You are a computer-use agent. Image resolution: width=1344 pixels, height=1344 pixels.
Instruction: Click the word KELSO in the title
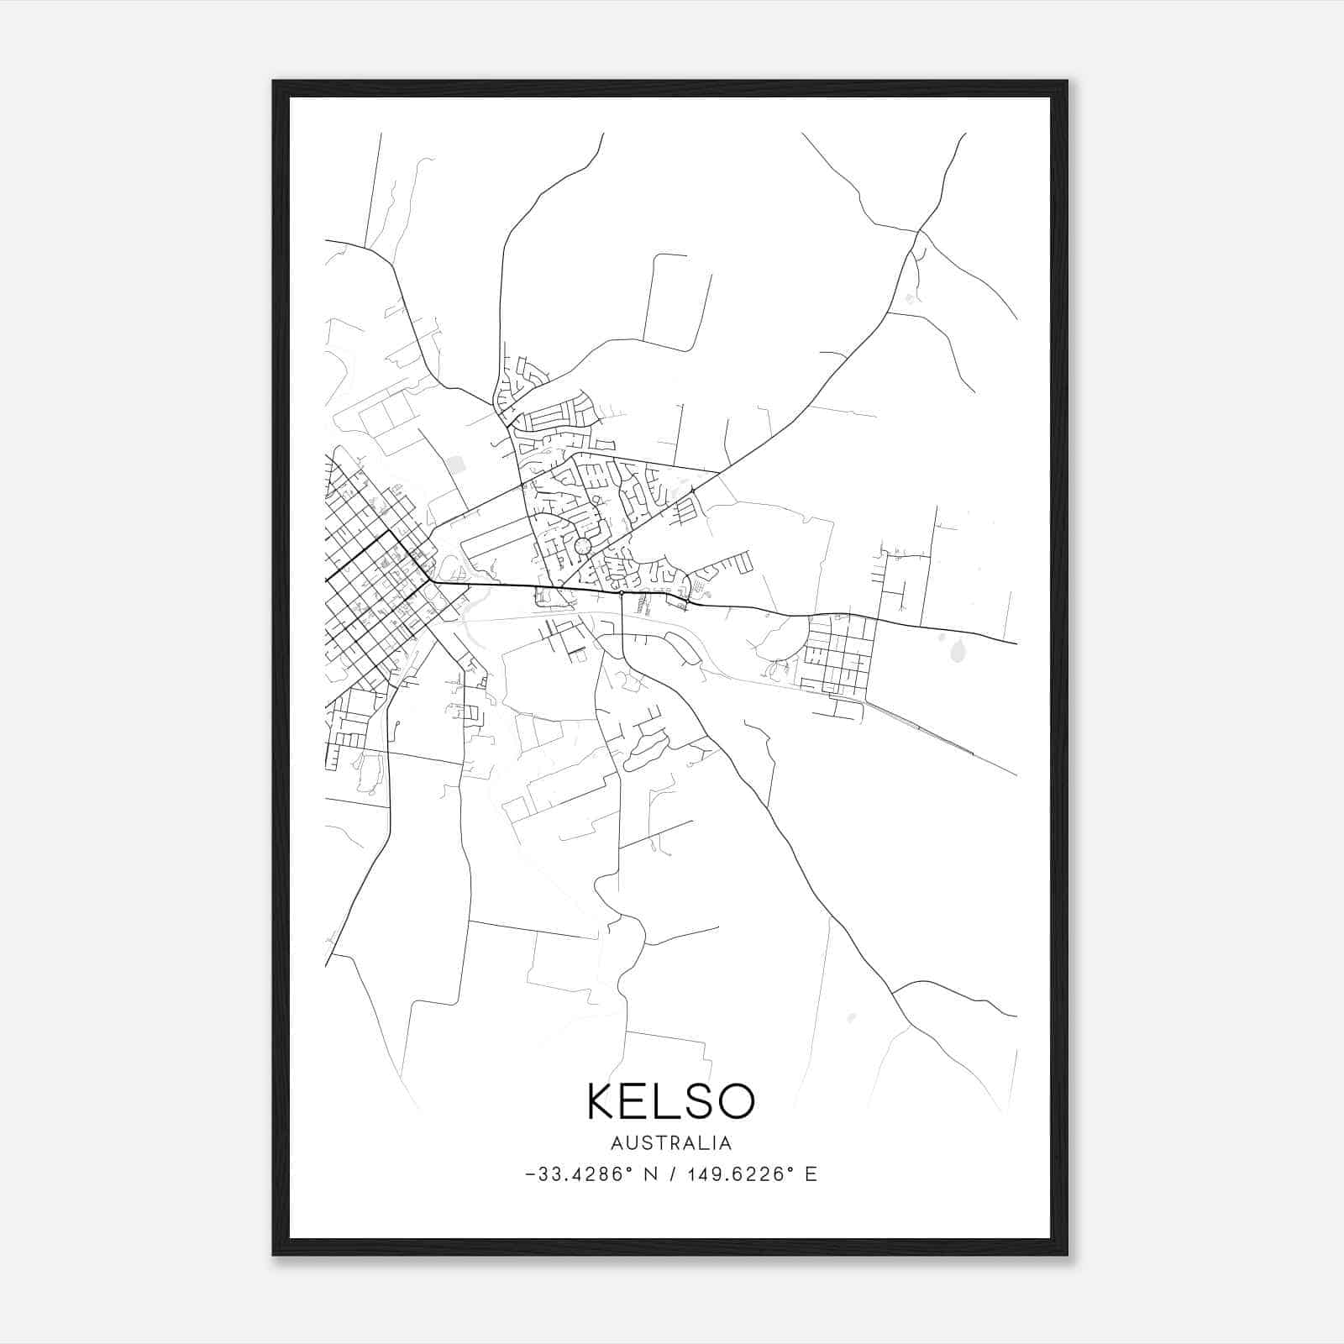click(670, 1101)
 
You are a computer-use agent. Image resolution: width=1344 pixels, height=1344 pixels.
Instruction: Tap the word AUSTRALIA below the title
click(670, 1143)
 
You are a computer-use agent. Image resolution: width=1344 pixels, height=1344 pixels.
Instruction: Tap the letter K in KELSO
click(602, 1101)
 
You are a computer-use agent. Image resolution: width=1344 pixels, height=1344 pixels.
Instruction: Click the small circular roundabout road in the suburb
click(582, 547)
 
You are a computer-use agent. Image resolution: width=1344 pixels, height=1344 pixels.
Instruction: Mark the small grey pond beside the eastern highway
click(958, 649)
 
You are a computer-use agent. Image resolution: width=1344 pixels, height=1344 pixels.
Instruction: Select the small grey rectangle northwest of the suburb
click(455, 463)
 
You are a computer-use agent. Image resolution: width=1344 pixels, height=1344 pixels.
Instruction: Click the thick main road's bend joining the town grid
click(430, 580)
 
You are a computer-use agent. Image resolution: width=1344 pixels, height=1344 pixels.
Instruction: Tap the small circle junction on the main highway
click(621, 593)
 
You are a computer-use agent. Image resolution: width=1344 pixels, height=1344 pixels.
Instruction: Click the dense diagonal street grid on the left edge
click(370, 580)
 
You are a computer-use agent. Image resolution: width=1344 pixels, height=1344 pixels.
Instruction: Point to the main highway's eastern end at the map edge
click(1015, 643)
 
